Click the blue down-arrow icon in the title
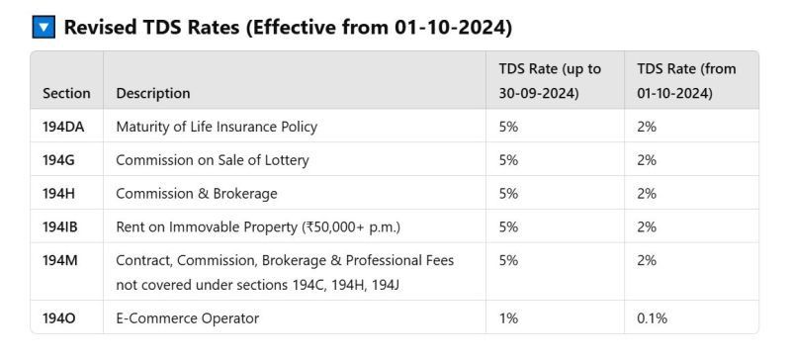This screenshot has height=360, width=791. (x=44, y=27)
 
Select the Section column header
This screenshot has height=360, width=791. (x=66, y=93)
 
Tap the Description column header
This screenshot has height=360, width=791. (x=153, y=93)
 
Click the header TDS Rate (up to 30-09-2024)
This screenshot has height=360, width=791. (x=550, y=81)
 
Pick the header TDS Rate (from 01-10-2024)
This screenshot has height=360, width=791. (x=686, y=81)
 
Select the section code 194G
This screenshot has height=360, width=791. (x=59, y=160)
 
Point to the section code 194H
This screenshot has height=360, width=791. (x=59, y=194)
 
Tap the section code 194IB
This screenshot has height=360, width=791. (x=61, y=227)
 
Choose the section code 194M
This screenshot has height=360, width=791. (x=60, y=260)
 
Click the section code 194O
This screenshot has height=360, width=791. (x=60, y=318)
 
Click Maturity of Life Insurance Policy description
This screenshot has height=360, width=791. (x=217, y=127)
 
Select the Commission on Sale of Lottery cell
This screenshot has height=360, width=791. (x=212, y=160)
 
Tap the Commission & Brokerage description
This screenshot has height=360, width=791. (x=197, y=194)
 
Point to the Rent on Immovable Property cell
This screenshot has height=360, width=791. (x=258, y=227)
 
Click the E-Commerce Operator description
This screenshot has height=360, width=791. (x=187, y=318)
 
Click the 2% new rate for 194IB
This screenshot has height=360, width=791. (x=647, y=227)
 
